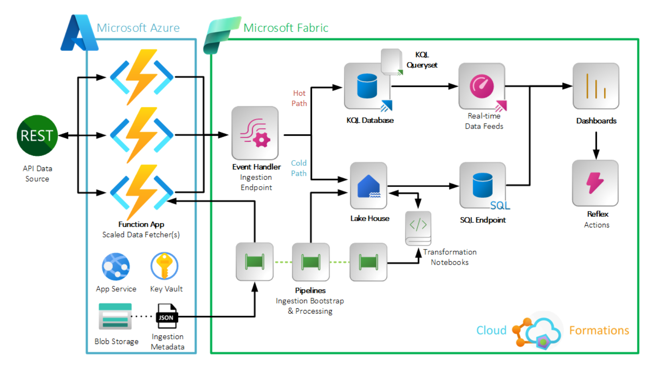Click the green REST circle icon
point(37,135)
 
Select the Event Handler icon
point(255,133)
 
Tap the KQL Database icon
point(367,86)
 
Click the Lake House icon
point(368,185)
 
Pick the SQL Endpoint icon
point(483,185)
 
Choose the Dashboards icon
point(596,86)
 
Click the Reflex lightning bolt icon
point(595,183)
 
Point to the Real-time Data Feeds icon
point(482,86)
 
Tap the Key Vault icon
point(164,266)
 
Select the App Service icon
point(116,267)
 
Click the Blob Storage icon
point(115,316)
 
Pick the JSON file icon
point(167,316)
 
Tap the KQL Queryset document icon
point(391,62)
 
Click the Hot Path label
point(299,98)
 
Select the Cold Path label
point(299,168)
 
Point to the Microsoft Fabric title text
point(286,28)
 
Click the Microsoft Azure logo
point(79,33)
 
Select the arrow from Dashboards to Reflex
point(596,145)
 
